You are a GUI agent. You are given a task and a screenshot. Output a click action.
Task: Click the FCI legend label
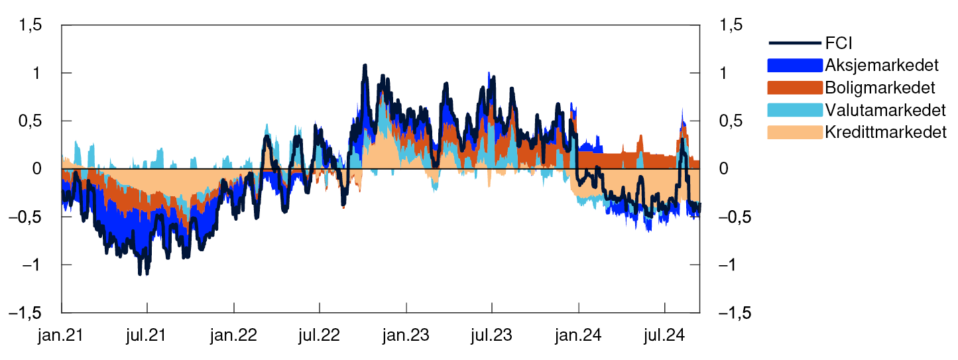click(839, 44)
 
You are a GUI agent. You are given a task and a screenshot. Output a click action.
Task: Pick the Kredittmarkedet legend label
click(886, 132)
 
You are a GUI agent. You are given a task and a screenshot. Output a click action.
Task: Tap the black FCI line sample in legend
click(795, 44)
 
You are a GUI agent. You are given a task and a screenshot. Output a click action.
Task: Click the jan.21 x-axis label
click(61, 335)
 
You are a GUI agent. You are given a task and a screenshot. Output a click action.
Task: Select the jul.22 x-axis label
click(320, 335)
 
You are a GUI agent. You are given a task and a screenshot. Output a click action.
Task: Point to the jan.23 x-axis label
click(406, 335)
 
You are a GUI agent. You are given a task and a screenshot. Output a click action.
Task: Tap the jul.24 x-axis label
click(664, 335)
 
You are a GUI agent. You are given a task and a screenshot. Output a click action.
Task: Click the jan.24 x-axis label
click(579, 335)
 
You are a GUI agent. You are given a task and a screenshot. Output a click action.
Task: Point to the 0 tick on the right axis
click(723, 169)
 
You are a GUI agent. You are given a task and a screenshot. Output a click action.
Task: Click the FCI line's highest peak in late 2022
click(365, 66)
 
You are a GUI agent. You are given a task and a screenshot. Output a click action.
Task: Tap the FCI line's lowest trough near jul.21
click(141, 273)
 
